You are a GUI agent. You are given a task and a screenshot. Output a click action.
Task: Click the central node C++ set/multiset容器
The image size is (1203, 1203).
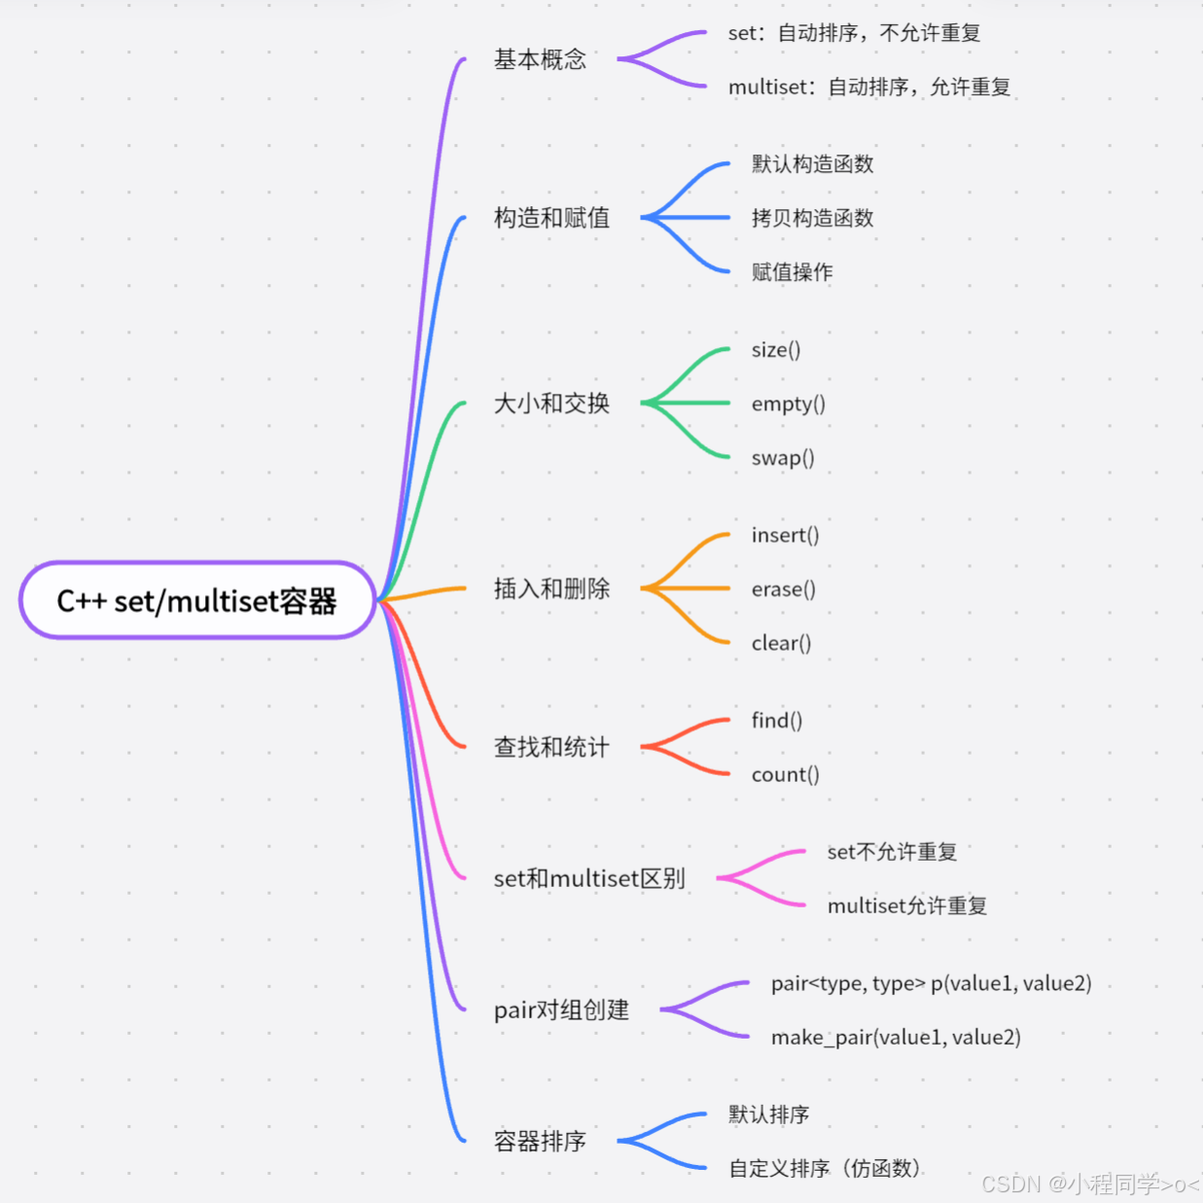(196, 601)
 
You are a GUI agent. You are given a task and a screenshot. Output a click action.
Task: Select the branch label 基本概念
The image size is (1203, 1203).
(540, 59)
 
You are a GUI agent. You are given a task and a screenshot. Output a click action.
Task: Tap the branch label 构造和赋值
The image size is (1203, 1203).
(551, 218)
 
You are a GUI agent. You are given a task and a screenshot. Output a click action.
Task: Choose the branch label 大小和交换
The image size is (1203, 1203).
(551, 403)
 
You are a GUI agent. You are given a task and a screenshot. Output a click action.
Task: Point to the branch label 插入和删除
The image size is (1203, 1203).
(551, 588)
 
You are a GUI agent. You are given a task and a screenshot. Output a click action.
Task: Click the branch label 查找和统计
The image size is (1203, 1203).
(551, 747)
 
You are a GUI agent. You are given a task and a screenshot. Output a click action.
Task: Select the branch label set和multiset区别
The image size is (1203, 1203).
(589, 878)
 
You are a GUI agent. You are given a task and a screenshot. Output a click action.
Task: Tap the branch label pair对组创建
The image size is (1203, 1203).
(561, 1009)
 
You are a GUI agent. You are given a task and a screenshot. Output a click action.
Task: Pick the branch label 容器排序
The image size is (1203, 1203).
(540, 1141)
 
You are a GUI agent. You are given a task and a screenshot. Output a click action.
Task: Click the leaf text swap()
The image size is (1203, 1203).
(783, 457)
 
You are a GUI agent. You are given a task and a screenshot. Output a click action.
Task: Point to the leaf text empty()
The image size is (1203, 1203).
(788, 404)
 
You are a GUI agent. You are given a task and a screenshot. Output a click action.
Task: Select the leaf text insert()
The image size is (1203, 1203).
(785, 535)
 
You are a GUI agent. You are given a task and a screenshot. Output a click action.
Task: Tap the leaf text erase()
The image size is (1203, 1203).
(783, 589)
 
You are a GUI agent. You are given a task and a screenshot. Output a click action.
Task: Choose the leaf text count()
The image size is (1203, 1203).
(785, 774)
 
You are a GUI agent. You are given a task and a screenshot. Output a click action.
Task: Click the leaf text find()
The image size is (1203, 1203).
(776, 721)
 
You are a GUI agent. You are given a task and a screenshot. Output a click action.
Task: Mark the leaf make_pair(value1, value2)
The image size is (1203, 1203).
(896, 1038)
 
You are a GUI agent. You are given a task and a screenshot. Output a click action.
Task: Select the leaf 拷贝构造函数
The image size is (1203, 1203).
(812, 218)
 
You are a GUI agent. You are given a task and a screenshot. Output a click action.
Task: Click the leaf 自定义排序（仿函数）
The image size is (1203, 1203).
(825, 1168)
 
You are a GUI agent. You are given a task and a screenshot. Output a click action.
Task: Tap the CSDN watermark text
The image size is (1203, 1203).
(1090, 1184)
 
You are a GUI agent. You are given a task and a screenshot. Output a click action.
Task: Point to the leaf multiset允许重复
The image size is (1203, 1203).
(906, 905)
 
